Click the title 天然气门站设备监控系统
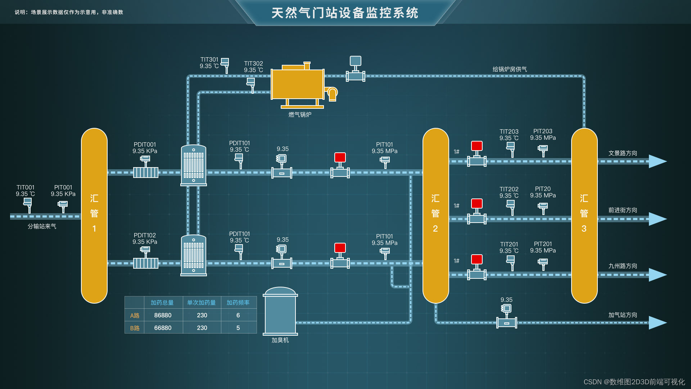[345, 13]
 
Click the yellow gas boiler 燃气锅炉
[298, 84]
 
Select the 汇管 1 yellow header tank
[94, 215]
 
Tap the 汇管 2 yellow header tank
[435, 215]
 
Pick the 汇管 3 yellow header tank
[584, 215]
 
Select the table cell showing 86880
[163, 315]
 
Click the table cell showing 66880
[163, 328]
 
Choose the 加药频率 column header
[238, 303]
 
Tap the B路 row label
[135, 328]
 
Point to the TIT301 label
[209, 59]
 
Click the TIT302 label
[253, 63]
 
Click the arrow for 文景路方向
[658, 161]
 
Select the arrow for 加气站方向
[658, 323]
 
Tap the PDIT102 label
[145, 235]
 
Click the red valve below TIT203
[477, 146]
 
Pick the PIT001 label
[63, 187]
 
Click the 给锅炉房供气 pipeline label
[510, 69]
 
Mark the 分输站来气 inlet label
[42, 226]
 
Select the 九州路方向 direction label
[623, 266]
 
